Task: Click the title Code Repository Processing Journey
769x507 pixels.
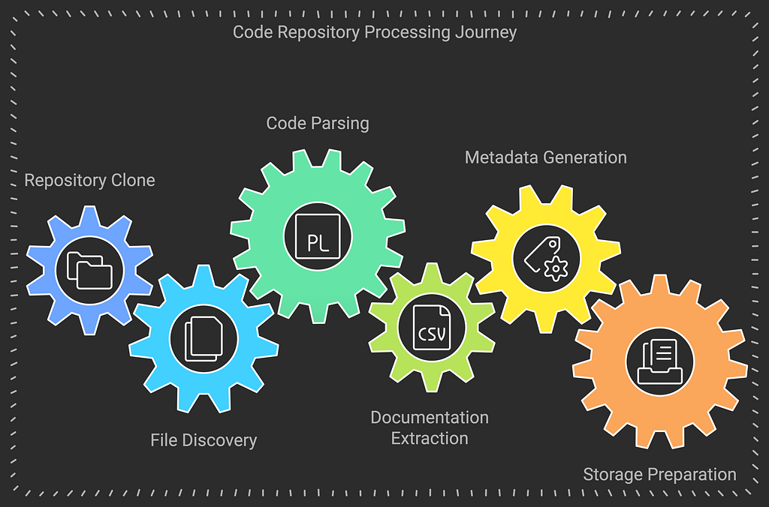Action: (x=374, y=32)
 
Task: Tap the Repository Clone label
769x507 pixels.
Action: (x=90, y=180)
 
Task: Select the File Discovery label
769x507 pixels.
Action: (x=204, y=440)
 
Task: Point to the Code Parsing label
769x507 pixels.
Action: (x=318, y=124)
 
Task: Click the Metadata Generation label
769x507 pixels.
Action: (x=546, y=157)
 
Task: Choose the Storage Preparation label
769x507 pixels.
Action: (x=659, y=475)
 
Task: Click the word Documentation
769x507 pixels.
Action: (x=430, y=417)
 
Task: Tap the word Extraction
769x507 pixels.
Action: (x=430, y=439)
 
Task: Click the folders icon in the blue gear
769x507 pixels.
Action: (x=89, y=270)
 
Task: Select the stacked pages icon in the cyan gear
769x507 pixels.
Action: (x=204, y=338)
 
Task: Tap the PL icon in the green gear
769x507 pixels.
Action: (x=318, y=236)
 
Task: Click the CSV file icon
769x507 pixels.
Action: (x=432, y=327)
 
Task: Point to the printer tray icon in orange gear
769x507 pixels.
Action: (x=659, y=361)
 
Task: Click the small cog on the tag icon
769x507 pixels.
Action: (x=556, y=268)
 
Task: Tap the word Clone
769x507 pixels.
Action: (x=133, y=180)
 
